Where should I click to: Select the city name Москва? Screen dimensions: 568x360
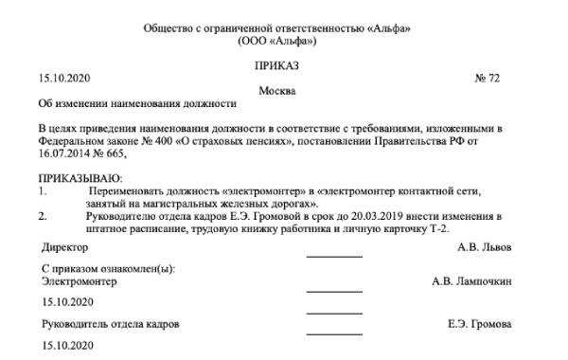[276, 91]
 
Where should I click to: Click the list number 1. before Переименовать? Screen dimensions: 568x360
[41, 190]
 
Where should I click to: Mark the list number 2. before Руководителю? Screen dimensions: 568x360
[41, 216]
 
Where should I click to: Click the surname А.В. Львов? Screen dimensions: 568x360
[485, 248]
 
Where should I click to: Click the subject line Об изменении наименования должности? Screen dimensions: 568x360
[134, 103]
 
